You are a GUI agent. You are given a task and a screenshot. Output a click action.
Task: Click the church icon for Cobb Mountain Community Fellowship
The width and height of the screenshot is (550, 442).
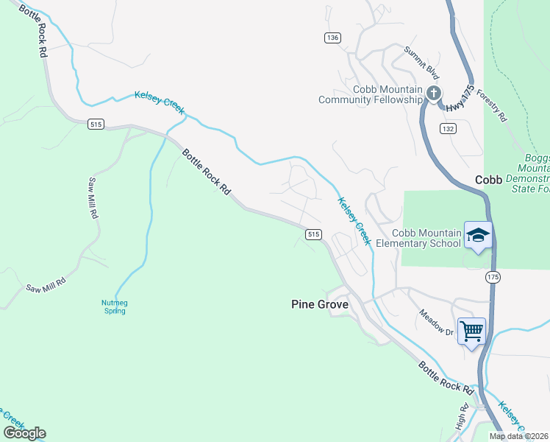[x=434, y=93]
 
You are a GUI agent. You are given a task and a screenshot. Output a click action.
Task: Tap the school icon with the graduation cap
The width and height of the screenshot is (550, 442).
[x=478, y=236]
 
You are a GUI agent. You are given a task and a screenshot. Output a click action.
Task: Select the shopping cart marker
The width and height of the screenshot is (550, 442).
[x=471, y=330]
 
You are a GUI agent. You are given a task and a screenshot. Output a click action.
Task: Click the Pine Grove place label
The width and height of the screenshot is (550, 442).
[x=320, y=304]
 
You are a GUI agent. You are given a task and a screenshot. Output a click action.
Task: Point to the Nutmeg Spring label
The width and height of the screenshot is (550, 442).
[x=113, y=306]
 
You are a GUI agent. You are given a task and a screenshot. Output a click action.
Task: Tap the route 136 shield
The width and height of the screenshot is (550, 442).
[x=332, y=38]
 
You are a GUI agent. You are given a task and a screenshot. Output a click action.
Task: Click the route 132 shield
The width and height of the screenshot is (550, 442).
[x=448, y=128]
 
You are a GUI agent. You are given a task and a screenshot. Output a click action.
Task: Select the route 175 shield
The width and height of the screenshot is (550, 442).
[x=493, y=276]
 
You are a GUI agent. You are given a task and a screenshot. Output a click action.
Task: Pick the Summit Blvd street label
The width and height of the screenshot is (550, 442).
[x=421, y=63]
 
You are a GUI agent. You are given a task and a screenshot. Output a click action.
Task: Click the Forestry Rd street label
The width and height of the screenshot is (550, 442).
[x=492, y=105]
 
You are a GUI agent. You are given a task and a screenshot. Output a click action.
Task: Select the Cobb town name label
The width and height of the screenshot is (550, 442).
[x=488, y=180]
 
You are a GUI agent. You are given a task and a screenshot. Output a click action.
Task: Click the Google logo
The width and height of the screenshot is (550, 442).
[x=24, y=432]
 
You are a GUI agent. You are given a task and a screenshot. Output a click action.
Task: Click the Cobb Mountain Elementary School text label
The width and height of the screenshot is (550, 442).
[x=418, y=238]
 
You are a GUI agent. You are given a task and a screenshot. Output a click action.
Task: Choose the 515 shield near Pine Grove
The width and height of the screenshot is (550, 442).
[x=313, y=234]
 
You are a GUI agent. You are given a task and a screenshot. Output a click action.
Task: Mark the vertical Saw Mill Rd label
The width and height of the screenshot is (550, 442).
[x=93, y=199]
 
